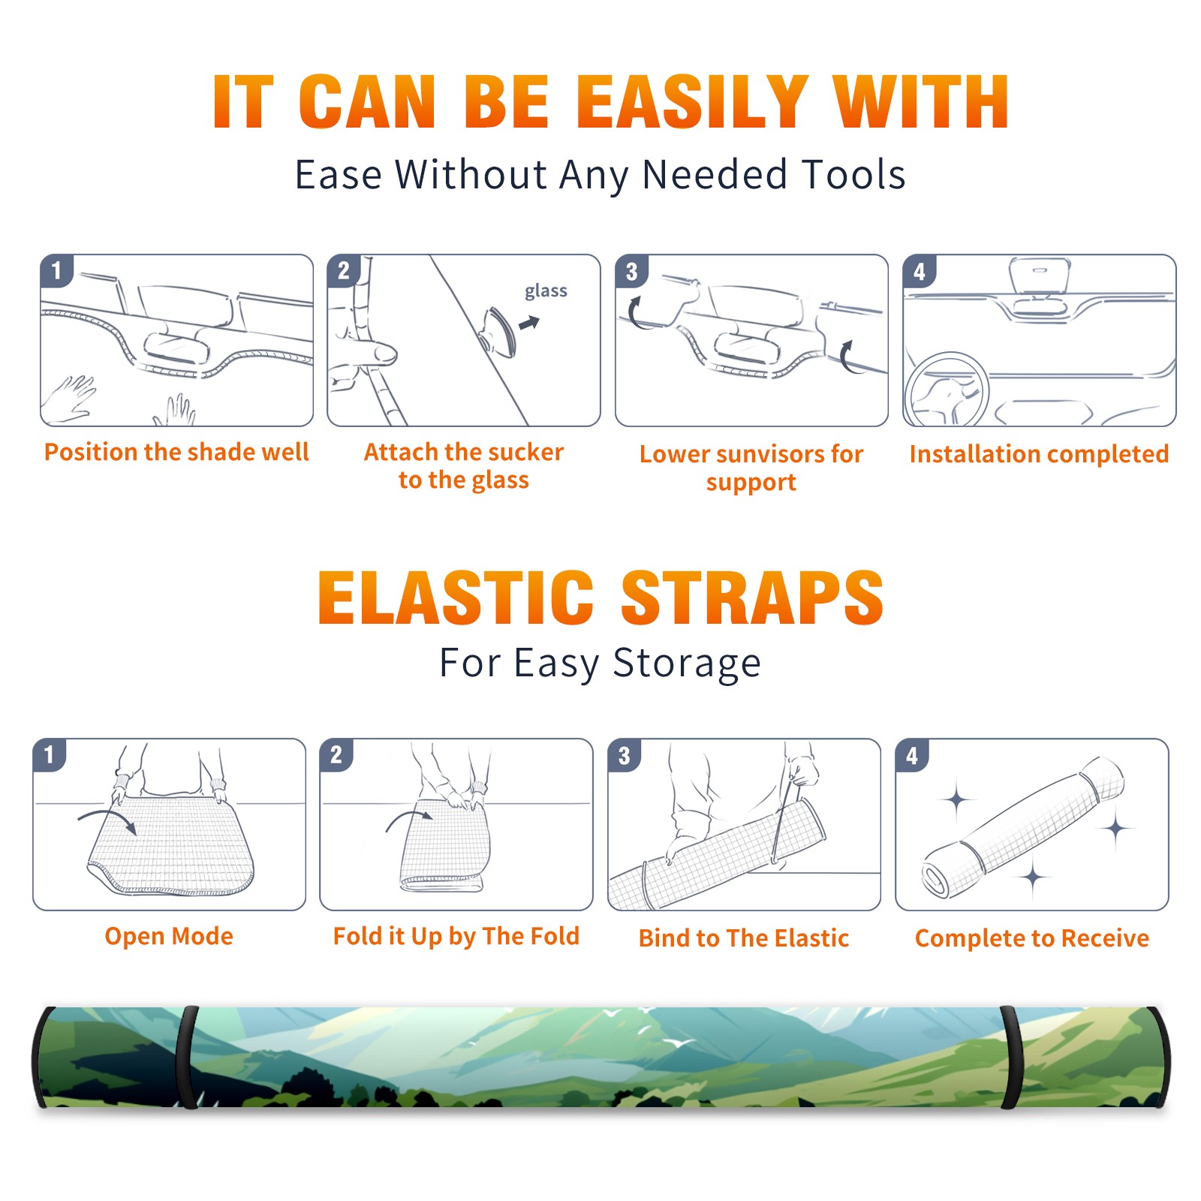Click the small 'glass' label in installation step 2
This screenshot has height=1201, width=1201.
point(546,291)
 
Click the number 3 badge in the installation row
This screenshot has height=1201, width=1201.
point(631,271)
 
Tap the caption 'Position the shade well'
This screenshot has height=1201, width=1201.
point(176,452)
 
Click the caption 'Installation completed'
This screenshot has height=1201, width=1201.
point(1039,454)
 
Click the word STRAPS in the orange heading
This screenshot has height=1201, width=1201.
point(752,597)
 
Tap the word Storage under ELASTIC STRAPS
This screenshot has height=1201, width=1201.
point(687,664)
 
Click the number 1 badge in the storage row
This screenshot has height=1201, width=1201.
point(50,754)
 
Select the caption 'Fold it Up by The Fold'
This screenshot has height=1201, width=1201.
point(456,937)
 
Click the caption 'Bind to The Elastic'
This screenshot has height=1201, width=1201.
point(744,938)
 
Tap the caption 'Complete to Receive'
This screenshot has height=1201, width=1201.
point(1032,938)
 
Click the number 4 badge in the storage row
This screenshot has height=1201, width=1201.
point(912,755)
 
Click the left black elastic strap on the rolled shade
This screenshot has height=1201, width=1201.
point(187,1057)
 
